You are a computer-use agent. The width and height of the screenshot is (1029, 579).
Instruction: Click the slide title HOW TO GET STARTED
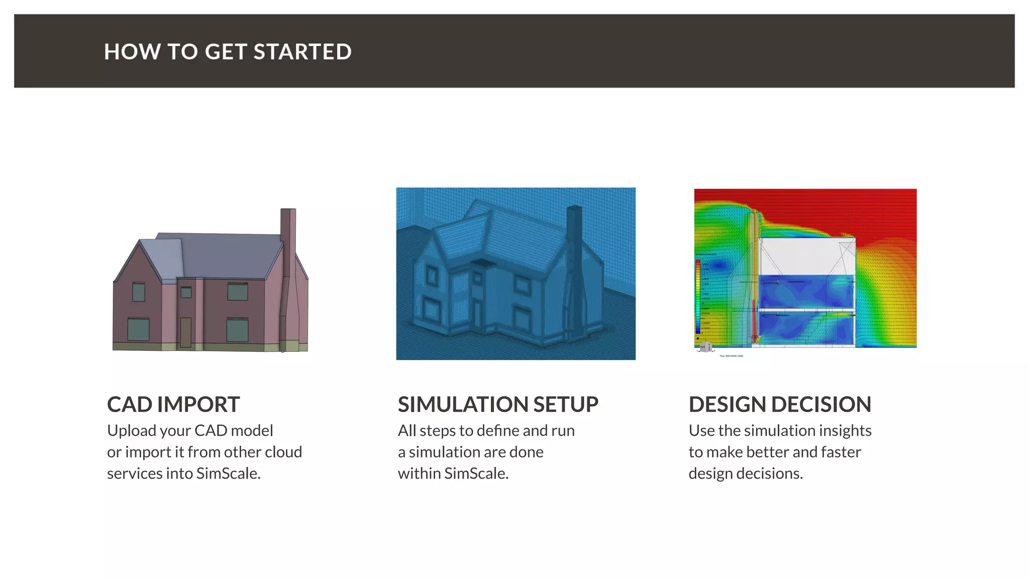[228, 52]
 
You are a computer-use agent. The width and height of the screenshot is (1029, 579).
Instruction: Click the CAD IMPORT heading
[173, 405]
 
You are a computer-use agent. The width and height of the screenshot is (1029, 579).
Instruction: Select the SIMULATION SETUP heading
[498, 405]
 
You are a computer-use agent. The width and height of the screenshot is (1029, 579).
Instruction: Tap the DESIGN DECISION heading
[780, 405]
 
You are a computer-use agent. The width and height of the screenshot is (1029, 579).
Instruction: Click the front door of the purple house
[185, 332]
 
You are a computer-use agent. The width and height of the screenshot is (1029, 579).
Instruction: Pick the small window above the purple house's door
[186, 292]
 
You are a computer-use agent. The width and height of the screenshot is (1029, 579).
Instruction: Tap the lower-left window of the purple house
[138, 329]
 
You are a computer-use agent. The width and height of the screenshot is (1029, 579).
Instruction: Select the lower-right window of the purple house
[237, 330]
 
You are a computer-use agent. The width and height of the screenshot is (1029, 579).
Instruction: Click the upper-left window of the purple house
[139, 292]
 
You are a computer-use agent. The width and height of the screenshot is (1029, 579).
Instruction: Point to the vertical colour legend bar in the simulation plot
[698, 297]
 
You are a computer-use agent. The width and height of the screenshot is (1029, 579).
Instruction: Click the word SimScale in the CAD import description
[228, 473]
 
